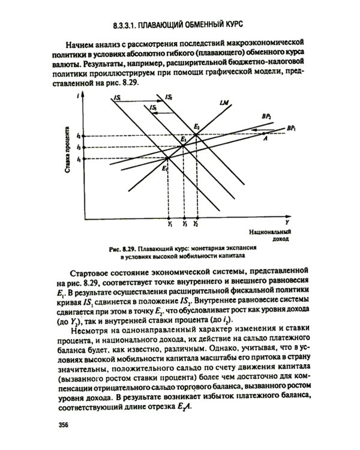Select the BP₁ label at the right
tap(290, 128)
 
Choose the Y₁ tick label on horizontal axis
tap(170, 224)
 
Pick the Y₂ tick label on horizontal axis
tap(196, 224)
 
